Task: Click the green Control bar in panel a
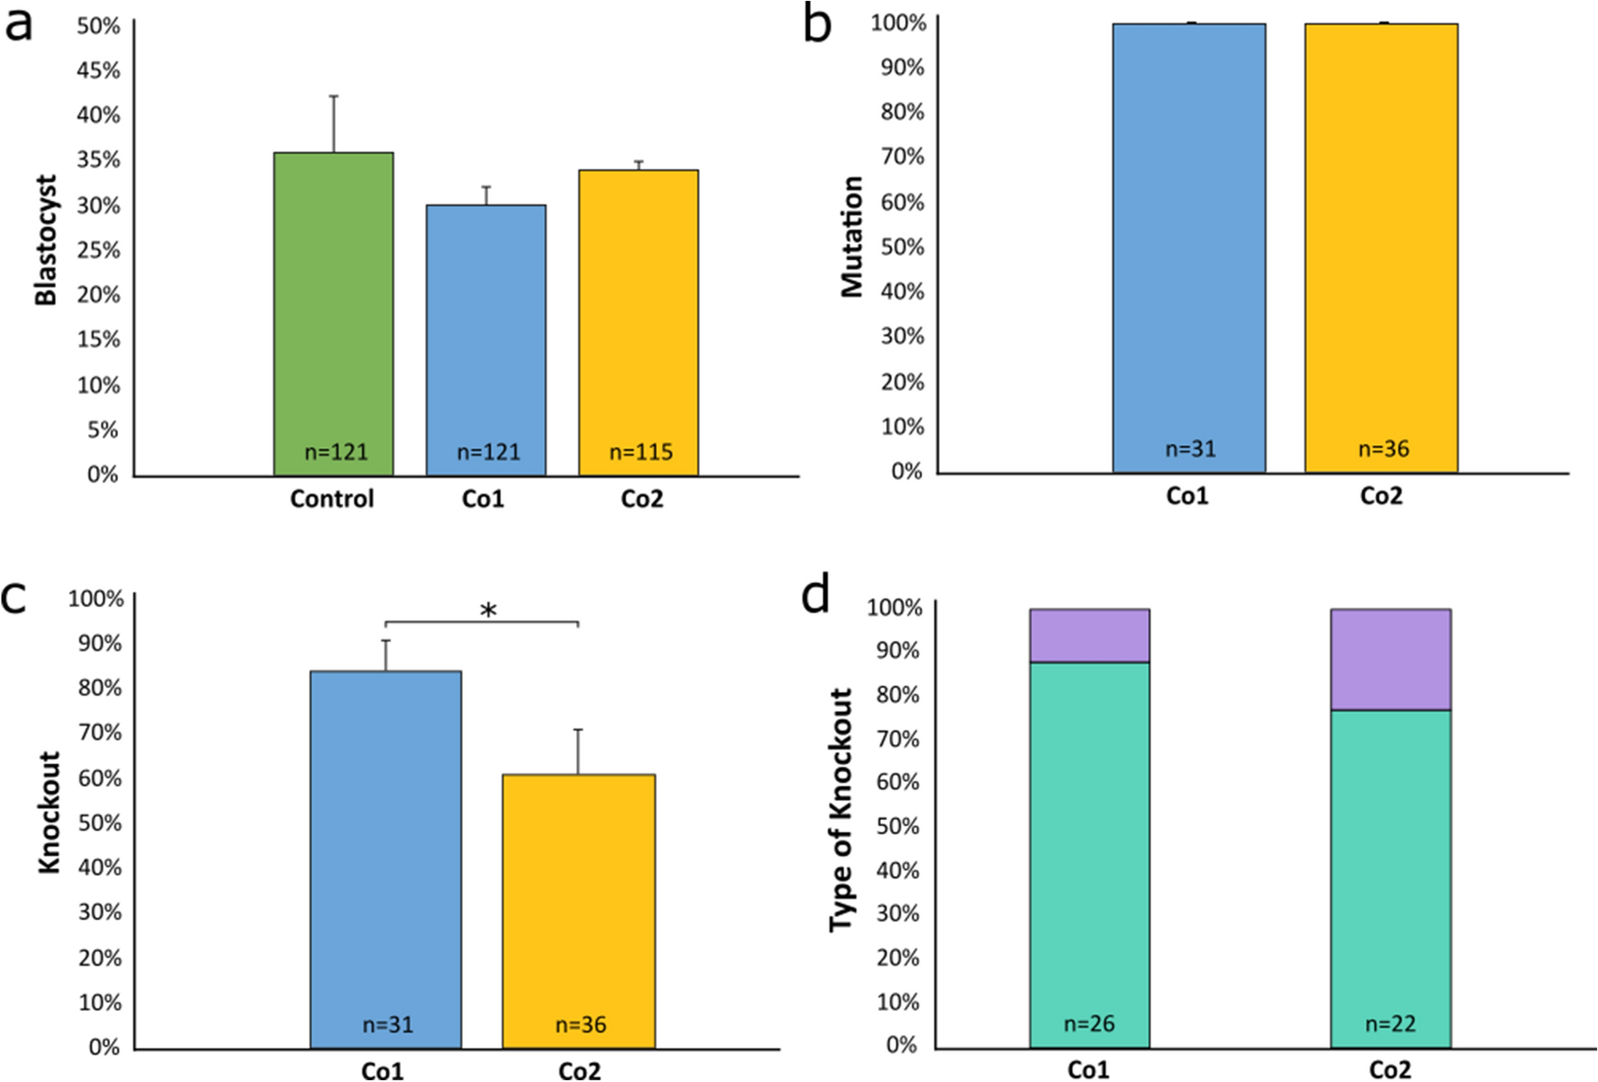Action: click(333, 306)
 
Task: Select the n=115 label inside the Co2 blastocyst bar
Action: click(640, 452)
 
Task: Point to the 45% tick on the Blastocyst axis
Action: click(98, 70)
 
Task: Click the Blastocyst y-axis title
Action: click(46, 241)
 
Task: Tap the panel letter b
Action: click(817, 25)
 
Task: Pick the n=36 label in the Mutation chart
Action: click(1384, 449)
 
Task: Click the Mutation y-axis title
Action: click(851, 237)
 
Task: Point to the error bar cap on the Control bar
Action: click(333, 96)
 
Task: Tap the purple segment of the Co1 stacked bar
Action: click(1089, 636)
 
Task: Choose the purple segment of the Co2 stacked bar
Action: click(1390, 659)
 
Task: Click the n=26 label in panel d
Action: click(1089, 1024)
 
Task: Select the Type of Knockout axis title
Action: click(840, 811)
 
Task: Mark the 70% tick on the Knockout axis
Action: click(100, 732)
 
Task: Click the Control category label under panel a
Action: click(331, 499)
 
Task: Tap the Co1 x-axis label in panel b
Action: click(1187, 496)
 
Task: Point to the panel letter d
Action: click(815, 596)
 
